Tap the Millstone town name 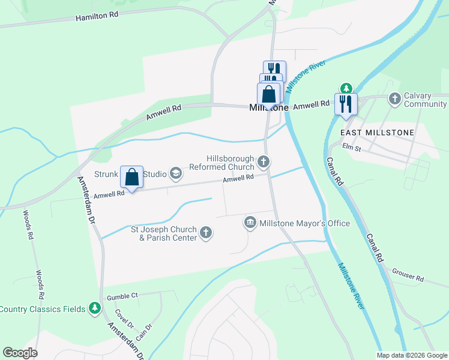point(268,107)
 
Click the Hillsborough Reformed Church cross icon point(263,161)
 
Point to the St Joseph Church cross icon point(206,233)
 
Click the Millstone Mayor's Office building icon point(250,223)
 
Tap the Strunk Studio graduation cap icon point(176,174)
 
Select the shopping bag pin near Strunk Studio point(132,178)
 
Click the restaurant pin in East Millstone point(346,103)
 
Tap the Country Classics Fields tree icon point(94,308)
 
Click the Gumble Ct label point(122,296)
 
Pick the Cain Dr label point(143,332)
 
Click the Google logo point(20,353)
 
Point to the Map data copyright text point(411,355)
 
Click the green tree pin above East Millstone point(345,89)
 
